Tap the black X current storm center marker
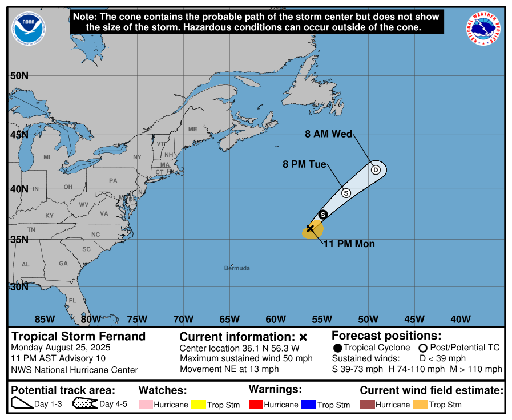(x=310, y=228)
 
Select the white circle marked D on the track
(x=376, y=169)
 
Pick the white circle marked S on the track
(x=346, y=193)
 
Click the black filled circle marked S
(x=322, y=215)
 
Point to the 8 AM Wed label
(x=328, y=135)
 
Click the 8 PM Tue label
(x=304, y=164)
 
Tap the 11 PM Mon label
(x=349, y=244)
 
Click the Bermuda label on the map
(x=237, y=268)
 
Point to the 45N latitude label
(x=19, y=135)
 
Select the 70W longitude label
(x=183, y=319)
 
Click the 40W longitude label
(x=461, y=319)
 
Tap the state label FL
(x=72, y=301)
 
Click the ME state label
(x=192, y=130)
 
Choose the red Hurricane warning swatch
(x=257, y=405)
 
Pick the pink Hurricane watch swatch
(x=146, y=405)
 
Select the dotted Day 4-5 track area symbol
(x=84, y=404)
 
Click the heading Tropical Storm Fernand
(x=79, y=336)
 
